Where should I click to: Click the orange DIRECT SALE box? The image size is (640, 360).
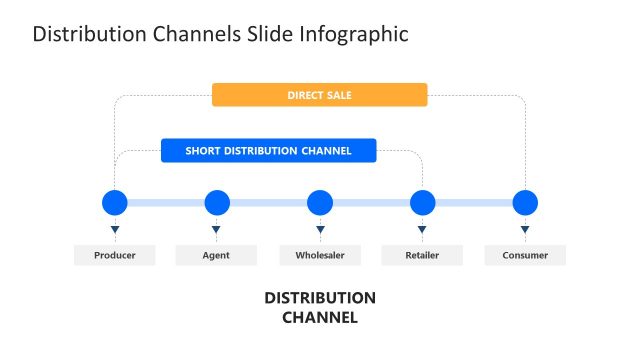[x=319, y=95]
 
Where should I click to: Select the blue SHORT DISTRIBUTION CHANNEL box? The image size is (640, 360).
[x=268, y=151]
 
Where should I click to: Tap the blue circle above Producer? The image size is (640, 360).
[x=115, y=203]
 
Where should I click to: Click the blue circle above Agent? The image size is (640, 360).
[x=217, y=203]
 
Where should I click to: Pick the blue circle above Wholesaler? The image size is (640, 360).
[x=320, y=203]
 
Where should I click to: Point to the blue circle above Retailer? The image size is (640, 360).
[x=423, y=203]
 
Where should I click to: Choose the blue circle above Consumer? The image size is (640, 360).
[x=525, y=203]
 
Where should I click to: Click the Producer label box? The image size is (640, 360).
[x=115, y=255]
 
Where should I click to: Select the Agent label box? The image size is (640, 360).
[x=216, y=255]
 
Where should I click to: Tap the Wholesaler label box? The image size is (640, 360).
[x=320, y=255]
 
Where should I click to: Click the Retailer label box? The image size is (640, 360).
[x=422, y=255]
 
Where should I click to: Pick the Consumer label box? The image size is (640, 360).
[x=525, y=255]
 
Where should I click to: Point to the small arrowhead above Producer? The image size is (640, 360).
[x=115, y=231]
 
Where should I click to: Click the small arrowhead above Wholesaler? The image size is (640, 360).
[x=320, y=231]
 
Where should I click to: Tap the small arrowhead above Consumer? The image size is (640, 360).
[x=525, y=231]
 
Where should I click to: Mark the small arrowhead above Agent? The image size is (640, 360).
[x=217, y=231]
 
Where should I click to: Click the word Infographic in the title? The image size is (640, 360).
[x=353, y=34]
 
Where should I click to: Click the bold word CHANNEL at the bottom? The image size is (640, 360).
[x=320, y=318]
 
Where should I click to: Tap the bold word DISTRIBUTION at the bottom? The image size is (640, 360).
[x=320, y=298]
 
